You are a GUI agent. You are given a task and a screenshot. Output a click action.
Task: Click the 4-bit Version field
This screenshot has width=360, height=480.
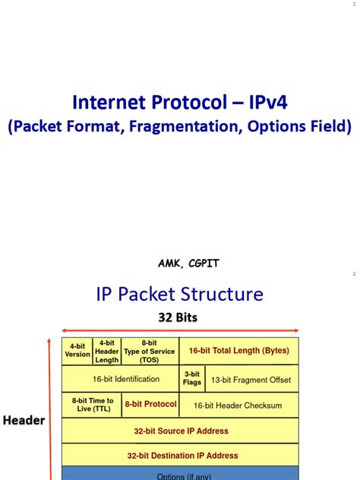tap(77, 351)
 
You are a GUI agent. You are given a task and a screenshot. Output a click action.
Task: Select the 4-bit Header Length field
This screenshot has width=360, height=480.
tap(107, 351)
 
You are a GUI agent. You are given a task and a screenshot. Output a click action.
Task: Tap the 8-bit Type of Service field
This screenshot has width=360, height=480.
tap(150, 351)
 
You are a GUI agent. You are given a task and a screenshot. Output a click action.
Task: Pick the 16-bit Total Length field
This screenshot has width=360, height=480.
tap(238, 351)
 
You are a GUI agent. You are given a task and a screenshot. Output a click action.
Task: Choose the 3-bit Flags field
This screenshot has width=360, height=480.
tap(192, 378)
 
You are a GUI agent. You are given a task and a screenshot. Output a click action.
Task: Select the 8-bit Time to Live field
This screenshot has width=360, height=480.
tap(93, 405)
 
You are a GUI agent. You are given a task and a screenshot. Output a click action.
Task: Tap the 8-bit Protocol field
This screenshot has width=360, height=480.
tap(151, 405)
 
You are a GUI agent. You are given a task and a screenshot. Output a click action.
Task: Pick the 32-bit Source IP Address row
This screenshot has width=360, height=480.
tap(181, 431)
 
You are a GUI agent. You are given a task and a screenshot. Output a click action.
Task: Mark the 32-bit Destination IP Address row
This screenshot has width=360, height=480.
tap(181, 456)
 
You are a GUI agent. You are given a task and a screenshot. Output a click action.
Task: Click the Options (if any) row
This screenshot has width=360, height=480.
tap(181, 476)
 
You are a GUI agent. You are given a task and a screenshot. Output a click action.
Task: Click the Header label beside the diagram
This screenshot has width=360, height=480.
tap(24, 420)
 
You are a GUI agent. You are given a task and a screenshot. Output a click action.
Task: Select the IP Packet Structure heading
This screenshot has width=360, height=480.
tap(179, 294)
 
